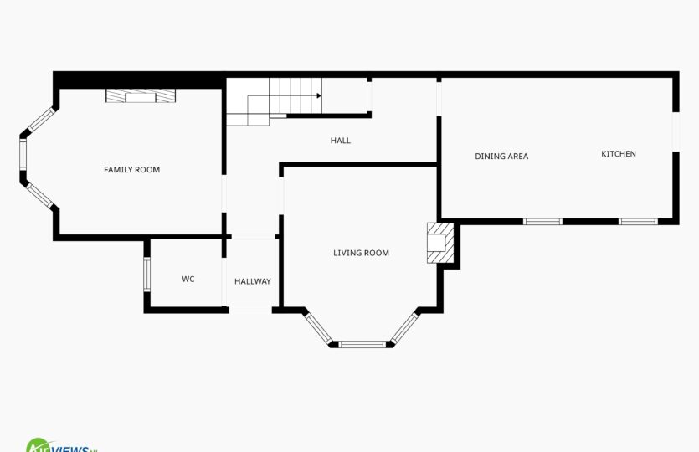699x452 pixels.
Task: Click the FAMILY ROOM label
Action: pyautogui.click(x=131, y=170)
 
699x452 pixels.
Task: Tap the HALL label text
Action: pyautogui.click(x=341, y=141)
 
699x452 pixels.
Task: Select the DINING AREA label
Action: pyautogui.click(x=501, y=157)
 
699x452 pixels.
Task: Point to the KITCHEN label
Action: pyautogui.click(x=619, y=154)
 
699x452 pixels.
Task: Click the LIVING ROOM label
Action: pyautogui.click(x=361, y=253)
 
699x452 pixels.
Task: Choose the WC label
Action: pyautogui.click(x=188, y=279)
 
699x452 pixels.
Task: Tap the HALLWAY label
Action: pyautogui.click(x=253, y=281)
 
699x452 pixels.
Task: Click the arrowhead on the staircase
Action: pyautogui.click(x=319, y=95)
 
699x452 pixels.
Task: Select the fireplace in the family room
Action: pyautogui.click(x=141, y=95)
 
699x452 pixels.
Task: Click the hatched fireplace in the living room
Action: pyautogui.click(x=440, y=243)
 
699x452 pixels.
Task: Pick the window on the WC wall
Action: pyautogui.click(x=146, y=275)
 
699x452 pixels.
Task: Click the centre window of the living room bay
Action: pyautogui.click(x=362, y=344)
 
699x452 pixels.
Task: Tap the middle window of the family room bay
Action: pyautogui.click(x=23, y=154)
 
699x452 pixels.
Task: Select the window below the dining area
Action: pyautogui.click(x=542, y=222)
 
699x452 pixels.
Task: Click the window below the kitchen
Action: pyautogui.click(x=638, y=222)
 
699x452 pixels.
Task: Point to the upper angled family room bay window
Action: pyautogui.click(x=41, y=120)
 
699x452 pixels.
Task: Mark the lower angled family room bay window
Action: pyautogui.click(x=40, y=196)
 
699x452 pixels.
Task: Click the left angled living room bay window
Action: pyautogui.click(x=318, y=328)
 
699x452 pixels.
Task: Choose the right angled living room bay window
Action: pyautogui.click(x=405, y=328)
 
